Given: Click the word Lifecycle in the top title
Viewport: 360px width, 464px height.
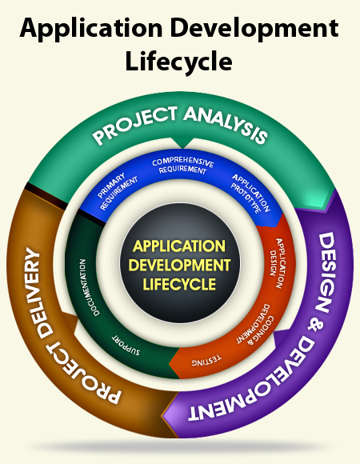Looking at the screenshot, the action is pos(178,61).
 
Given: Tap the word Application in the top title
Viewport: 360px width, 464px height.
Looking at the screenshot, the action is pos(91,29).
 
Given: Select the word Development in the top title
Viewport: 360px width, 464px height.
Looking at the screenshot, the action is pos(254,29).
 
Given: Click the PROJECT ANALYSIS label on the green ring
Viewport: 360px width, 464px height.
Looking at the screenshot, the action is pos(180,125).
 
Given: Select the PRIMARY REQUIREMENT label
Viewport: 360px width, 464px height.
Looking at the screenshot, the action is pos(117,191).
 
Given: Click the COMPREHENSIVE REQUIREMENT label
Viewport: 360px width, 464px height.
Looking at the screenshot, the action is pos(182,166).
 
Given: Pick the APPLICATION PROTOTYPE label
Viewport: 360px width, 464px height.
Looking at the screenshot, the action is pos(250,194).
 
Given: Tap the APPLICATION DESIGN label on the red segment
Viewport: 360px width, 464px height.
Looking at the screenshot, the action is pos(278,263).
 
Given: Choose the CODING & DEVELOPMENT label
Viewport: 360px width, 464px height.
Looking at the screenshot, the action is pos(255,324).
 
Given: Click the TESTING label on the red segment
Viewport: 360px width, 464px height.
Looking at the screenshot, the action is pos(206,360).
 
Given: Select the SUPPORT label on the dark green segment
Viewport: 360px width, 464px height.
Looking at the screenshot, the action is pos(126,345).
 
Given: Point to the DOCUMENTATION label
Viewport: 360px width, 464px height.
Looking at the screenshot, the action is pos(90,287).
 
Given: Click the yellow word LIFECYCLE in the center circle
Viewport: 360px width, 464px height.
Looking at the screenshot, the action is pos(179,284).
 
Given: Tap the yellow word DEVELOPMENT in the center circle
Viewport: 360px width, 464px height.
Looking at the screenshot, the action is pos(179,265).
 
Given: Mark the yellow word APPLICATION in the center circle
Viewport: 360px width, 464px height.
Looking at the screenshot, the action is pos(179,246).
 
